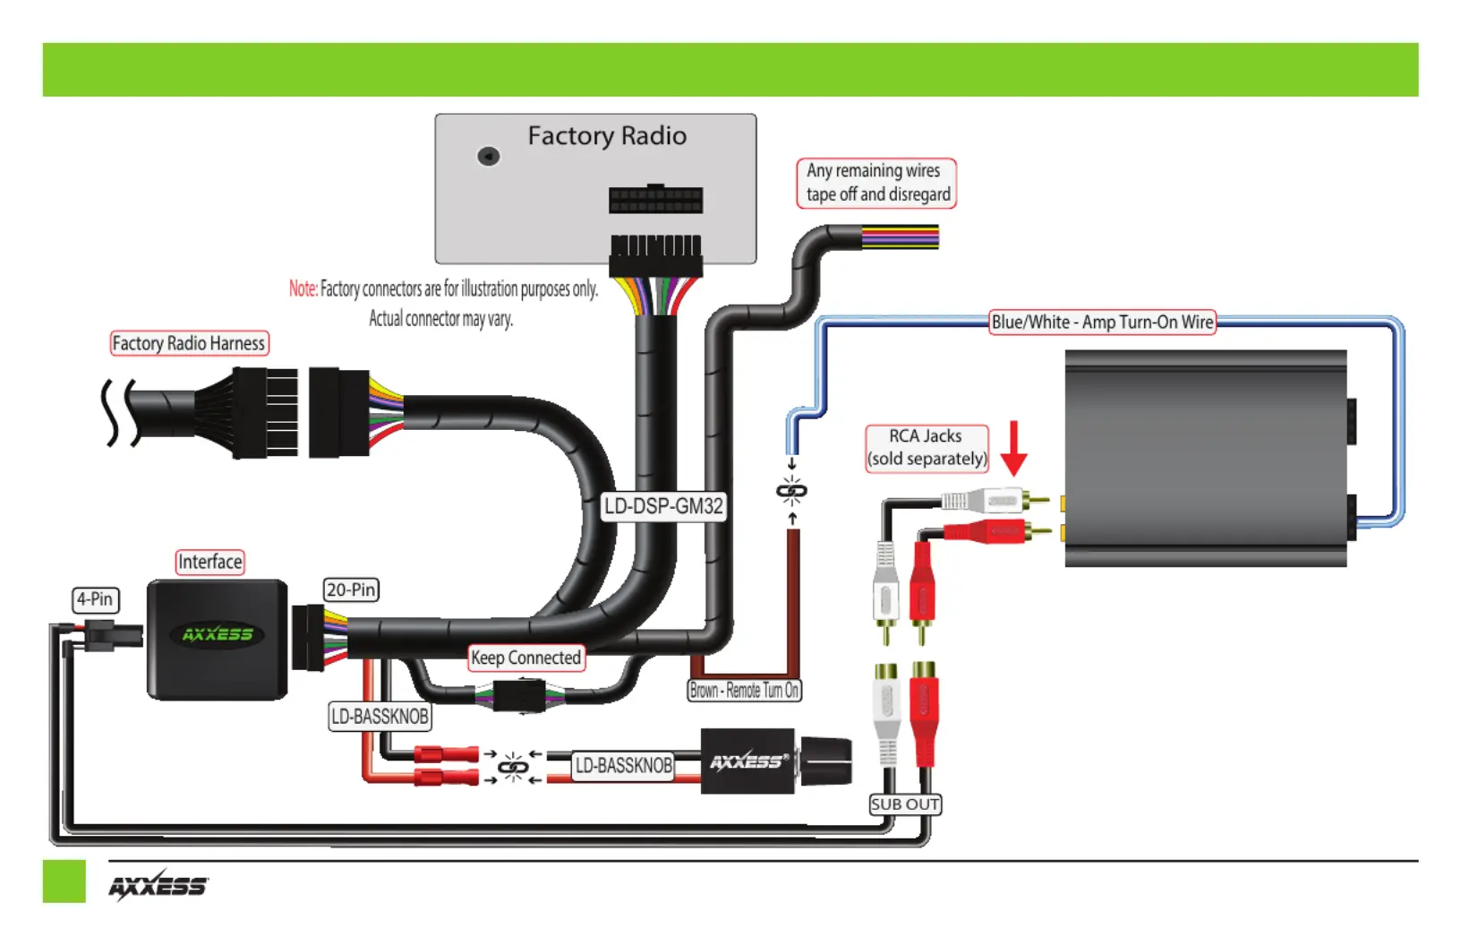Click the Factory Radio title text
point(607,136)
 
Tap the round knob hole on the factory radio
point(489,157)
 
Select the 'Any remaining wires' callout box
point(876,184)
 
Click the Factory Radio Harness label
point(189,343)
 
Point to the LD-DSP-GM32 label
point(663,506)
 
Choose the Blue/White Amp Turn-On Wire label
point(1102,322)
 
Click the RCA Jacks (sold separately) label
point(927,448)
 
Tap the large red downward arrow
point(1013,448)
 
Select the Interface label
point(210,562)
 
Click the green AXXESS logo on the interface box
point(218,634)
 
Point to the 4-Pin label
point(95,599)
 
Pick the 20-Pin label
point(351,590)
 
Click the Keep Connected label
point(526,658)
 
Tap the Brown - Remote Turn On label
point(745,691)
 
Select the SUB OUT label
point(905,804)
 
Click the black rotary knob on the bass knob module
point(825,761)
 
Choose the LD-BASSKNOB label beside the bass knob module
point(624,765)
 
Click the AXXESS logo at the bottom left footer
point(158,886)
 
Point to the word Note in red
point(303,288)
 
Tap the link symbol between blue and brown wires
point(791,490)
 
